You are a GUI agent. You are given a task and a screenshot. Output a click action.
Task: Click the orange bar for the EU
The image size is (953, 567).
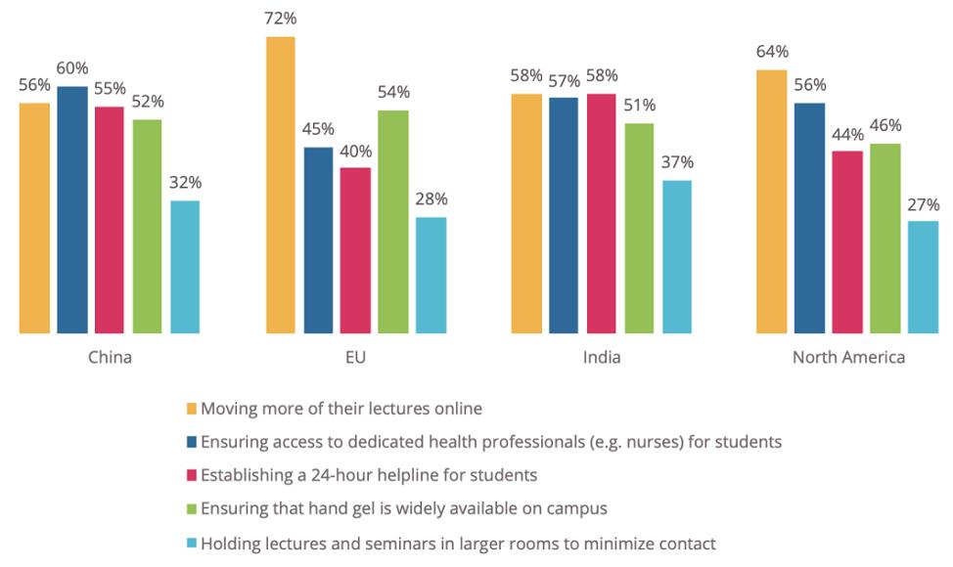pos(280,186)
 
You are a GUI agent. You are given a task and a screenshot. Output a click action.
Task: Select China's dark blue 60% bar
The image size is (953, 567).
pos(71,210)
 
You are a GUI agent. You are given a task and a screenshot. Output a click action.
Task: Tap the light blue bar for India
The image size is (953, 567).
pos(676,257)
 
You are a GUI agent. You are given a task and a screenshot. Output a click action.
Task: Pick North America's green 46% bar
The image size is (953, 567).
pos(885,239)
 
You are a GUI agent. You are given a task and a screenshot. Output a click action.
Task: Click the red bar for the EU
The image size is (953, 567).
pos(355,250)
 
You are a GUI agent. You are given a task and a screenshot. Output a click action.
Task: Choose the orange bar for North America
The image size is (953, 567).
pos(771,202)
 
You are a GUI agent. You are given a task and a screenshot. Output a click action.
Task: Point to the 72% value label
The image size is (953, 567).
pos(280,20)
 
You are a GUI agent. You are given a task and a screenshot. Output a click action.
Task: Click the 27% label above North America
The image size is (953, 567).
pos(923,204)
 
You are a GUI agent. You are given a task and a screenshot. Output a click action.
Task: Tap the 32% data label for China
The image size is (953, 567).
pos(185,183)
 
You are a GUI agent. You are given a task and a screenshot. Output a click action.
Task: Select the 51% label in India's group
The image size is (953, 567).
pos(639,106)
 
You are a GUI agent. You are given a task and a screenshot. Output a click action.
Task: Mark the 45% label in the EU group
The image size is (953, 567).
pos(318,129)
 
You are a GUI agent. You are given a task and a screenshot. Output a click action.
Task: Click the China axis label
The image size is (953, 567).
pos(110,358)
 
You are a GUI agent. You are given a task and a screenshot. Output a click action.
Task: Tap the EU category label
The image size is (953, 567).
pos(356,358)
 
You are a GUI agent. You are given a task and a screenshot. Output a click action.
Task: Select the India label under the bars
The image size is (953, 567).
pos(601,358)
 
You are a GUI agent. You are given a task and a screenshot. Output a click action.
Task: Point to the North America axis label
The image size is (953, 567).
pos(848,358)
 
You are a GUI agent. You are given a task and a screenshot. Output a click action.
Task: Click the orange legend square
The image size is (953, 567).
pos(192,409)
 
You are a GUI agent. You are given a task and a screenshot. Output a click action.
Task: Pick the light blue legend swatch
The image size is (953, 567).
pos(192,544)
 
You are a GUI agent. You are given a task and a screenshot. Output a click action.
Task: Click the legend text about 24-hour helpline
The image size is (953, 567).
pos(368,476)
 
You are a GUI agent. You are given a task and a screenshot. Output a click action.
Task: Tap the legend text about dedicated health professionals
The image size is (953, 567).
pos(491,442)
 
